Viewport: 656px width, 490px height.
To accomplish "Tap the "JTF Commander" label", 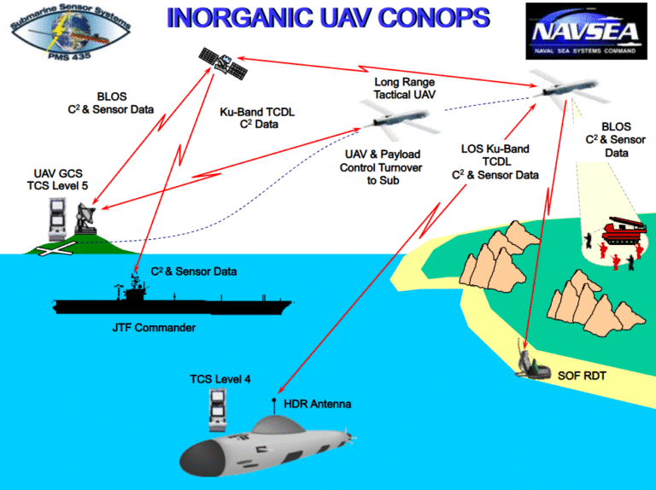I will tap(154, 328).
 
